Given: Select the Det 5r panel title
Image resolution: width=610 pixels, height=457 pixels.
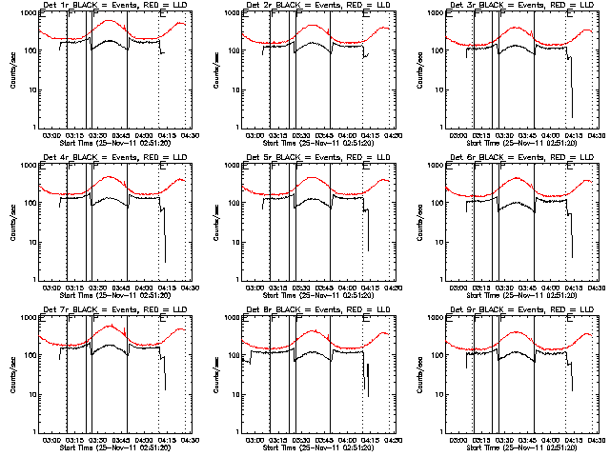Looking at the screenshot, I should [x=319, y=156].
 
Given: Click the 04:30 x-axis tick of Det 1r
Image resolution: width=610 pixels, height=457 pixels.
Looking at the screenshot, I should [x=188, y=135].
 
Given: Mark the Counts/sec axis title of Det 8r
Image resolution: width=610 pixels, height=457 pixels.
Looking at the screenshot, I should [x=216, y=374].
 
